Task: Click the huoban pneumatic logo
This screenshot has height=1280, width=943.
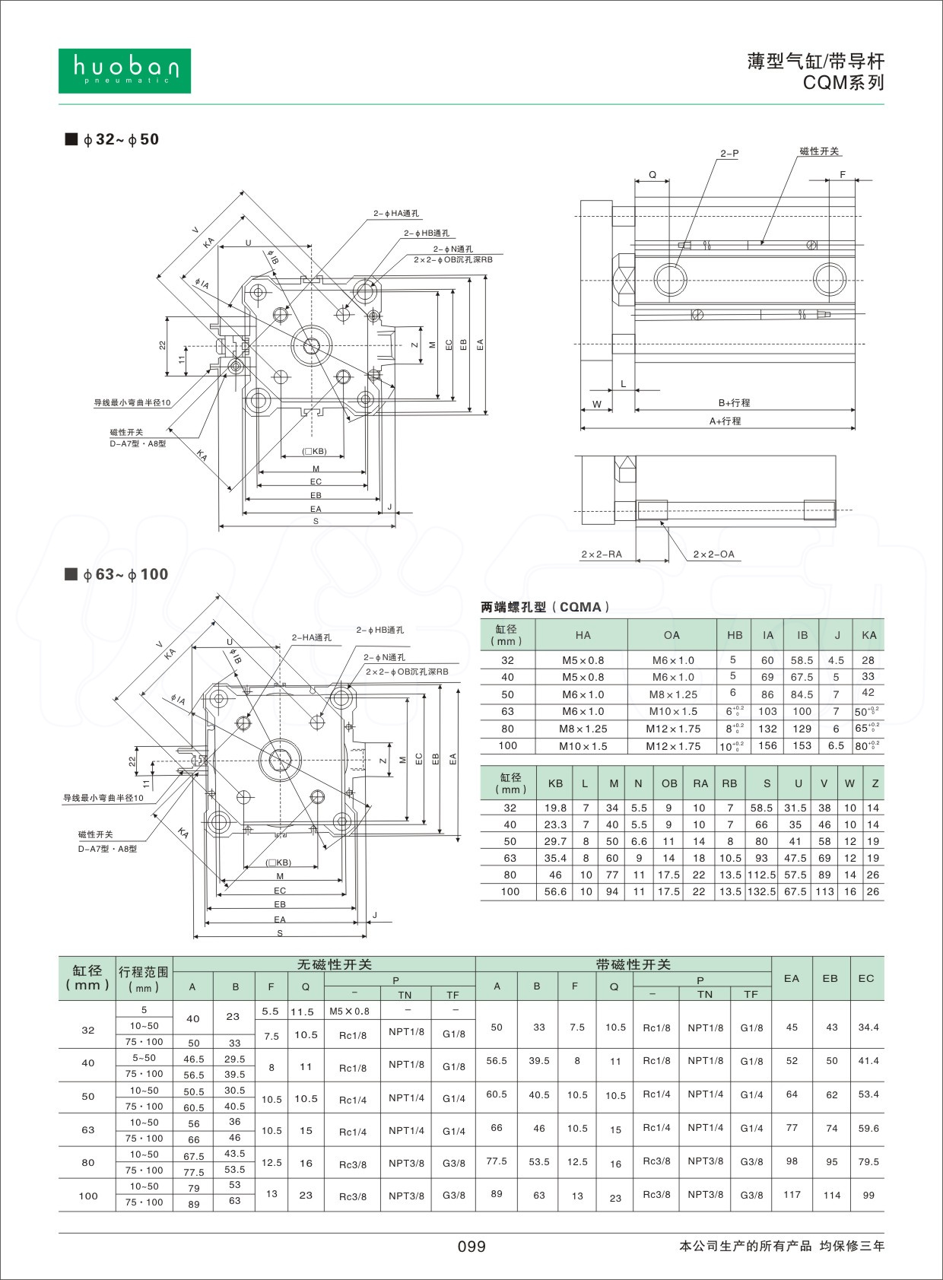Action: [x=124, y=71]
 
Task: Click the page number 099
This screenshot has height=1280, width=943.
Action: [x=471, y=1246]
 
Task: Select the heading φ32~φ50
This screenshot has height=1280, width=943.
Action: [x=121, y=139]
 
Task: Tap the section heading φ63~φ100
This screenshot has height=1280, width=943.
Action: [x=125, y=574]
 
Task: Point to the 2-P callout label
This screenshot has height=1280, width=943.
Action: [x=729, y=154]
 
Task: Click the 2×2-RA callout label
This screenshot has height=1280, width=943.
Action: [x=601, y=554]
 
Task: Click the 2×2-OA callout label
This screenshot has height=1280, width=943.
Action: [x=713, y=554]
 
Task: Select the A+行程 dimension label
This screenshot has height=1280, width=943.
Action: [x=725, y=421]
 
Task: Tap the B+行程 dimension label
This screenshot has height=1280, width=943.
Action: [x=734, y=403]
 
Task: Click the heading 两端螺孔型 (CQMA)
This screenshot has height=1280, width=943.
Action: [x=545, y=607]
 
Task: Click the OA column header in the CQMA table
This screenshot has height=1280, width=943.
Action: [x=672, y=635]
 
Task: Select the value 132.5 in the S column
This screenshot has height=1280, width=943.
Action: [x=761, y=891]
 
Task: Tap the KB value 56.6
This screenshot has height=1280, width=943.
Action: [x=555, y=891]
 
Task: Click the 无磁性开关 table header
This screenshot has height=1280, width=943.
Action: [x=334, y=964]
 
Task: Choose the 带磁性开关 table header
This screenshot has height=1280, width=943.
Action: [x=633, y=964]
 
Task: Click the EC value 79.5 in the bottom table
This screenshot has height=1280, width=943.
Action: [x=868, y=1162]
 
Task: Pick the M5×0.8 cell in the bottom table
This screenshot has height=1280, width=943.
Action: [x=349, y=1011]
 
